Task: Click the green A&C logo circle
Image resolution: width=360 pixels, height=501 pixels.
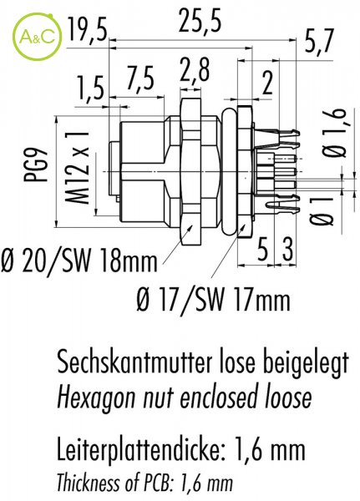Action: (37, 37)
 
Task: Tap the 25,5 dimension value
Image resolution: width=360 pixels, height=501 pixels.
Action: (200, 21)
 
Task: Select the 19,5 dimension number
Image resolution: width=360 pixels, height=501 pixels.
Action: (87, 31)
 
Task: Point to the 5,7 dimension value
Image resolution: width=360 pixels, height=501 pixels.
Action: (319, 41)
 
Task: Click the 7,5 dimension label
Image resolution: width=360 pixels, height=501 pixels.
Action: (140, 78)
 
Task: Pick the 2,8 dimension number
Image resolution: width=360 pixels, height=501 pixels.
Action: (195, 70)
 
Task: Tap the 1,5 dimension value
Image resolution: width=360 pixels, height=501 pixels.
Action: (90, 89)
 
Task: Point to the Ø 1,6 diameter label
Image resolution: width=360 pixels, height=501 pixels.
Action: (334, 133)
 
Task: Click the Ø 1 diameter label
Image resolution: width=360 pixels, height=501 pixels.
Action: (322, 211)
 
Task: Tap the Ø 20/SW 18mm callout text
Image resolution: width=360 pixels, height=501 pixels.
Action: (79, 261)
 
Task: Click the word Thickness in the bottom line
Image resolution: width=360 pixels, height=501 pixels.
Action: (85, 482)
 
